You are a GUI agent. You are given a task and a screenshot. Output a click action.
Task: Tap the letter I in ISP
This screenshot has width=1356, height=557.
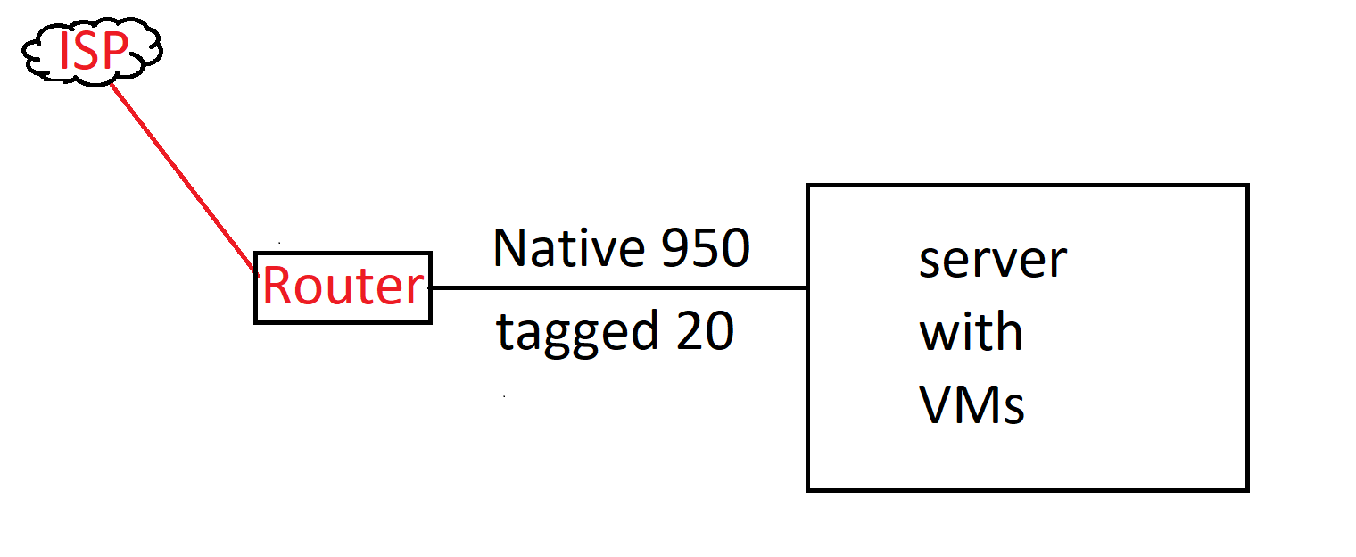63,52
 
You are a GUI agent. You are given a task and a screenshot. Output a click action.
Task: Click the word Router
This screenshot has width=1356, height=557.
343,287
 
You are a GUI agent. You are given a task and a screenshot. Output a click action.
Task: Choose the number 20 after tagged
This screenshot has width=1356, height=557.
705,331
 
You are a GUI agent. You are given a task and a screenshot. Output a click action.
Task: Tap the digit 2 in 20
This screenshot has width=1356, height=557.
689,331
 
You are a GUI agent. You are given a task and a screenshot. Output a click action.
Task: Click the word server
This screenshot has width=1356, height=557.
992,261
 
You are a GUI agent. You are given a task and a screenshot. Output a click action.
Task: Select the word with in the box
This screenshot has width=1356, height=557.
971,332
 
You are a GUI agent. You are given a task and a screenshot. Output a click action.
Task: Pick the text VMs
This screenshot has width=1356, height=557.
972,405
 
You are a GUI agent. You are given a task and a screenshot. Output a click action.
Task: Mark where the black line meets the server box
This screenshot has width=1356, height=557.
807,288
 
